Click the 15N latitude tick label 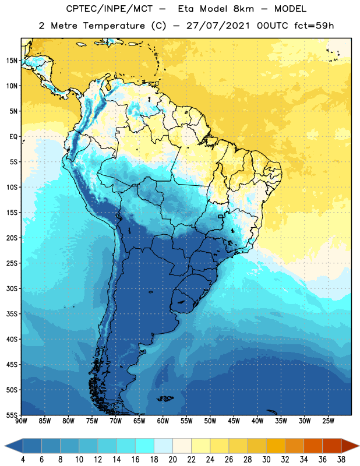click(x=12, y=61)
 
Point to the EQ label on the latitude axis click(x=13, y=137)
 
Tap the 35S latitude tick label click(x=12, y=314)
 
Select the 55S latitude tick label click(x=12, y=415)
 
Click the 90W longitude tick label click(x=21, y=421)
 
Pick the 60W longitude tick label click(x=163, y=421)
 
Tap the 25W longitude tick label click(x=328, y=421)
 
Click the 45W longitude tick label click(x=234, y=421)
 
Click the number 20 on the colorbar click(x=172, y=460)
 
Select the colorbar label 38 click(x=341, y=460)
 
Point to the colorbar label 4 click(x=23, y=460)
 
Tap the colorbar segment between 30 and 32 click(x=276, y=446)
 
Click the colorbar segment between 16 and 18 click(x=144, y=446)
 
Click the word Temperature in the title click(x=114, y=26)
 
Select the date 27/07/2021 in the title click(x=218, y=26)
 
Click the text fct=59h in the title click(x=314, y=26)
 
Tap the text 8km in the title click(x=243, y=9)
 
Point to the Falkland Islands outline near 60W click(x=165, y=398)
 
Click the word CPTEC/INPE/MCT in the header click(x=110, y=9)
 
